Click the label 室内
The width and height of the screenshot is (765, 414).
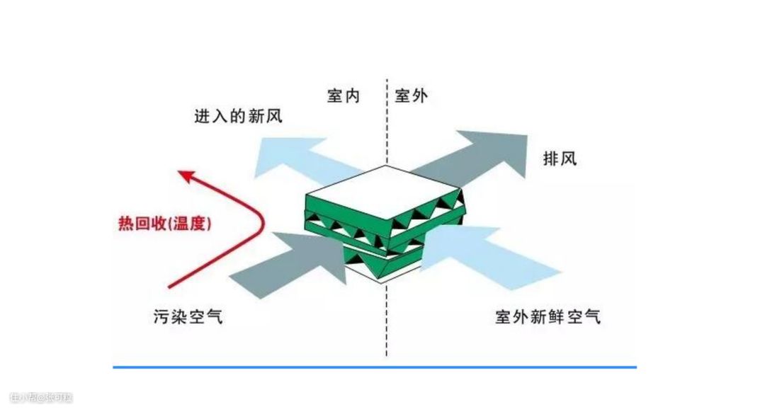point(344,96)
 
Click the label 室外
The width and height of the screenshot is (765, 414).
point(411,96)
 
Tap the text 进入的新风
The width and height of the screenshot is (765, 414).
point(239,117)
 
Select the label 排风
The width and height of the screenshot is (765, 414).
point(560,158)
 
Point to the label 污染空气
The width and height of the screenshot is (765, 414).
point(187,316)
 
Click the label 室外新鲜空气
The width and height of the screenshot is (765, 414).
point(548,316)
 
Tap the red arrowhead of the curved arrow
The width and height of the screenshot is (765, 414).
point(186,176)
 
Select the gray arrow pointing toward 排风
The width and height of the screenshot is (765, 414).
point(482,152)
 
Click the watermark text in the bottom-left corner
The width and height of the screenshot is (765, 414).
point(42,398)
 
